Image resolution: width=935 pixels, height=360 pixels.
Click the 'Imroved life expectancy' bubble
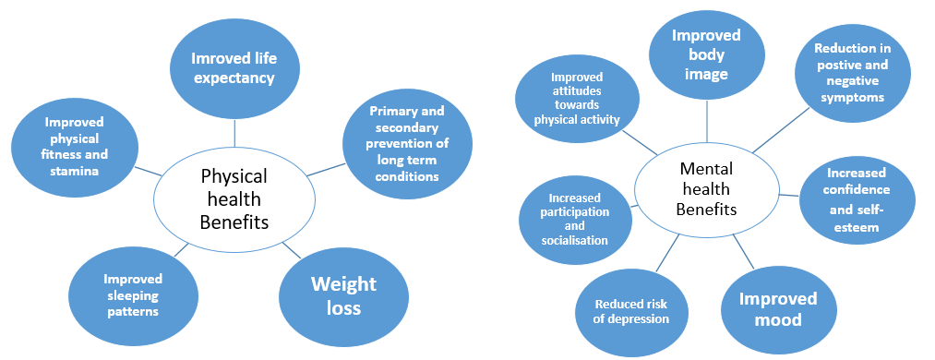click(234, 67)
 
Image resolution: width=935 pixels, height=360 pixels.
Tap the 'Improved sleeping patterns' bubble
click(132, 294)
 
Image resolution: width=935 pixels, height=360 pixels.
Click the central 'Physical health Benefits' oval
click(234, 197)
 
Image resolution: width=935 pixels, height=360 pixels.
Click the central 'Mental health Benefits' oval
click(706, 188)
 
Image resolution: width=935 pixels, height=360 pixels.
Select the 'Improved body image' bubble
click(706, 54)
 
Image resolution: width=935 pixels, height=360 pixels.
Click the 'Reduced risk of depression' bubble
click(632, 312)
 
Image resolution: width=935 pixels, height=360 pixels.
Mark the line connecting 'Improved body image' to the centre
click(707, 121)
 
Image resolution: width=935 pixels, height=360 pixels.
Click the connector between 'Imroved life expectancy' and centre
click(235, 133)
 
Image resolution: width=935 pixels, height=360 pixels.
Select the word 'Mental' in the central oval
click(706, 169)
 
